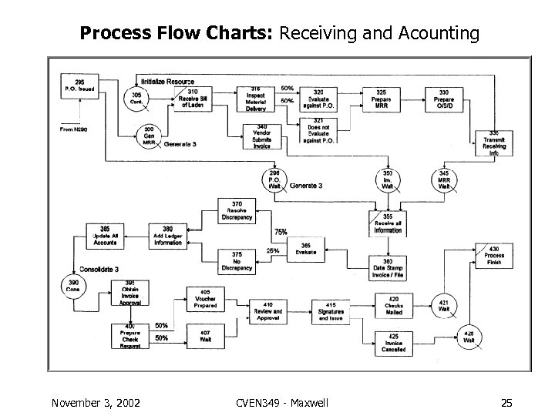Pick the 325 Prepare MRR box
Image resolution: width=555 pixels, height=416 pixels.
[x=382, y=99]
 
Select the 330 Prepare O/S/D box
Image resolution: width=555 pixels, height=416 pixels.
[x=444, y=99]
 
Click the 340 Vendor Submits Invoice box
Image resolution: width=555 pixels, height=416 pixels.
[x=262, y=136]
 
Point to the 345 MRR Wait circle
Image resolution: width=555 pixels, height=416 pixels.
[x=444, y=179]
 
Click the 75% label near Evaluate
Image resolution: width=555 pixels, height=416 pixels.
[x=281, y=232]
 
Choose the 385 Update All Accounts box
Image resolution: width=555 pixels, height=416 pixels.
[x=105, y=236]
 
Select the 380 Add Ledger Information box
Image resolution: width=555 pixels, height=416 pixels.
[x=167, y=236]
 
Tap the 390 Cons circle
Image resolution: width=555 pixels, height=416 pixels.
[x=74, y=287]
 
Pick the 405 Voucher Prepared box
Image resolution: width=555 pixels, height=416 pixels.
[x=205, y=299]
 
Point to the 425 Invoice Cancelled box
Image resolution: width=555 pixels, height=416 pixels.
[x=394, y=342]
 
